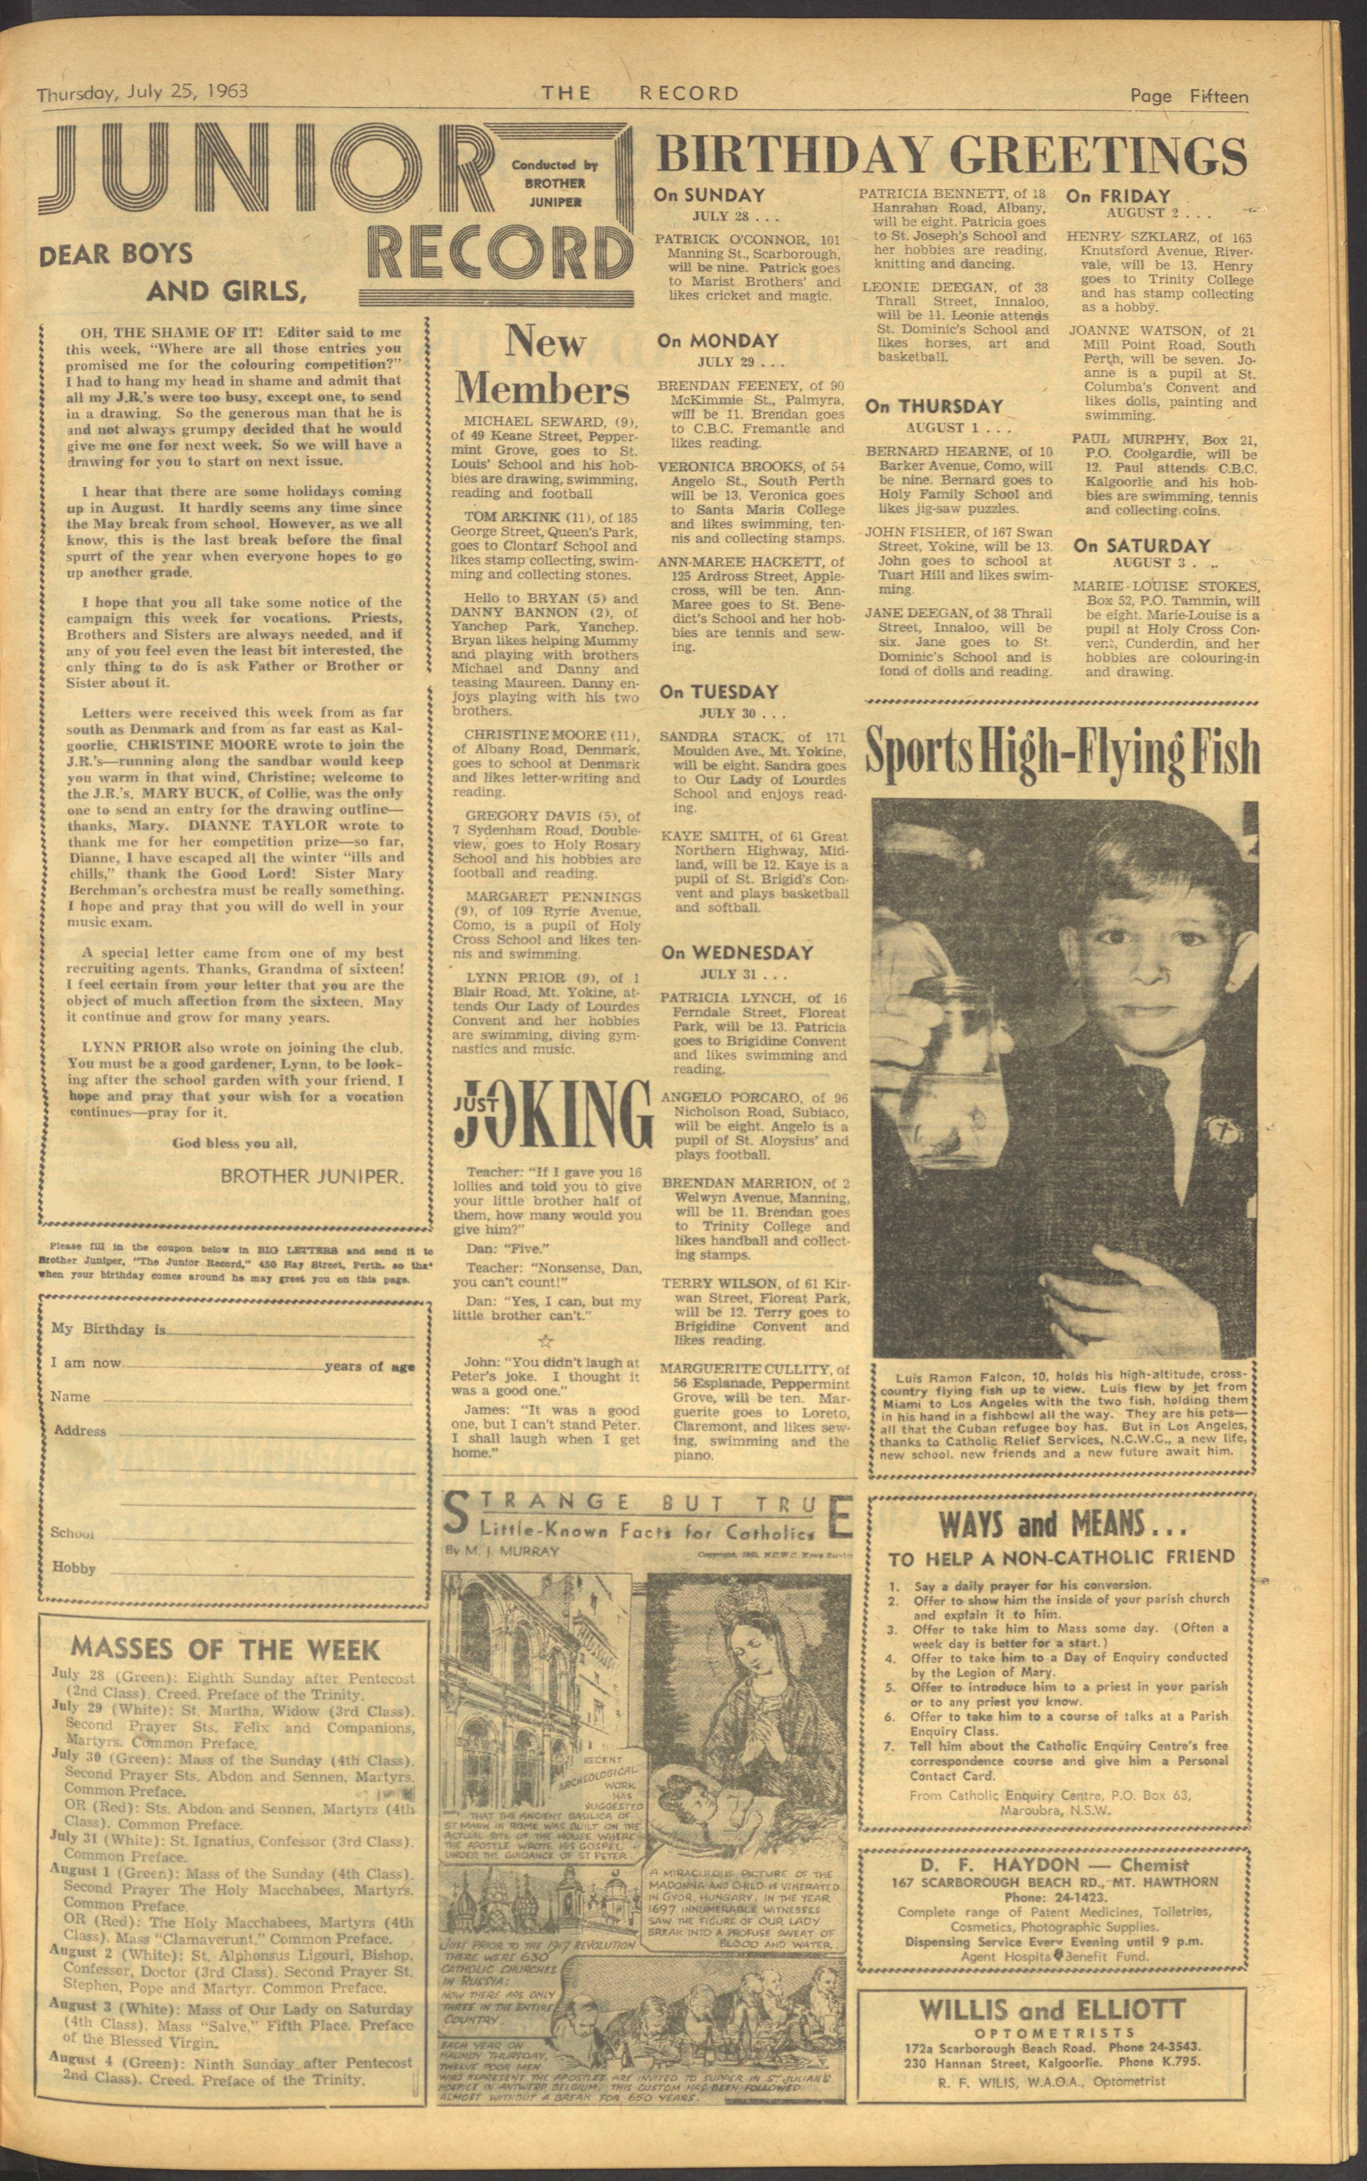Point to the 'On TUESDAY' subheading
pos(719,692)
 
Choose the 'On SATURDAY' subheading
pos(1141,546)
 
